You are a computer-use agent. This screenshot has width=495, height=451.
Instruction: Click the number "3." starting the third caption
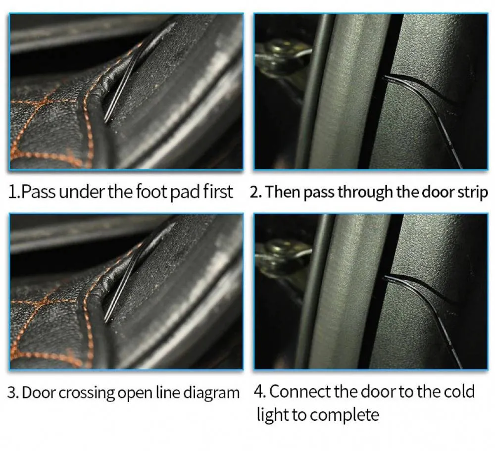[x=13, y=393]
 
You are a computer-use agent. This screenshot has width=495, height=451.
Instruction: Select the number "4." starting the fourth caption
[x=260, y=392]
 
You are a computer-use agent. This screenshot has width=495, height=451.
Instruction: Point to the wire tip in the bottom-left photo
[x=106, y=321]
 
